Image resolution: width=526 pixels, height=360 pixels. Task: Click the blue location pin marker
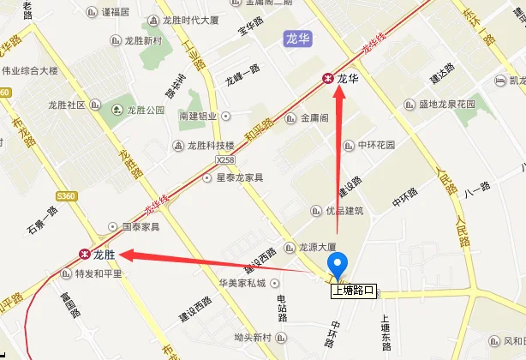338,267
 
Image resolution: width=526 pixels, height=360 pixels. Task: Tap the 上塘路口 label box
354,291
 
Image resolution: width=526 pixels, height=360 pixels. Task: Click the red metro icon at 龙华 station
327,78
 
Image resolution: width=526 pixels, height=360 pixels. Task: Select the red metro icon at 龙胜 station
84,254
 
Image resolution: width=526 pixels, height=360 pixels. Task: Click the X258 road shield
225,159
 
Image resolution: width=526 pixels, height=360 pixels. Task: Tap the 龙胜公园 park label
145,110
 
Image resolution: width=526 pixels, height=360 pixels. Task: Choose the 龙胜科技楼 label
211,145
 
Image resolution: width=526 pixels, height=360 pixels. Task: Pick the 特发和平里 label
99,274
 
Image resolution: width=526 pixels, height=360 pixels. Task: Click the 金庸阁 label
314,118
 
